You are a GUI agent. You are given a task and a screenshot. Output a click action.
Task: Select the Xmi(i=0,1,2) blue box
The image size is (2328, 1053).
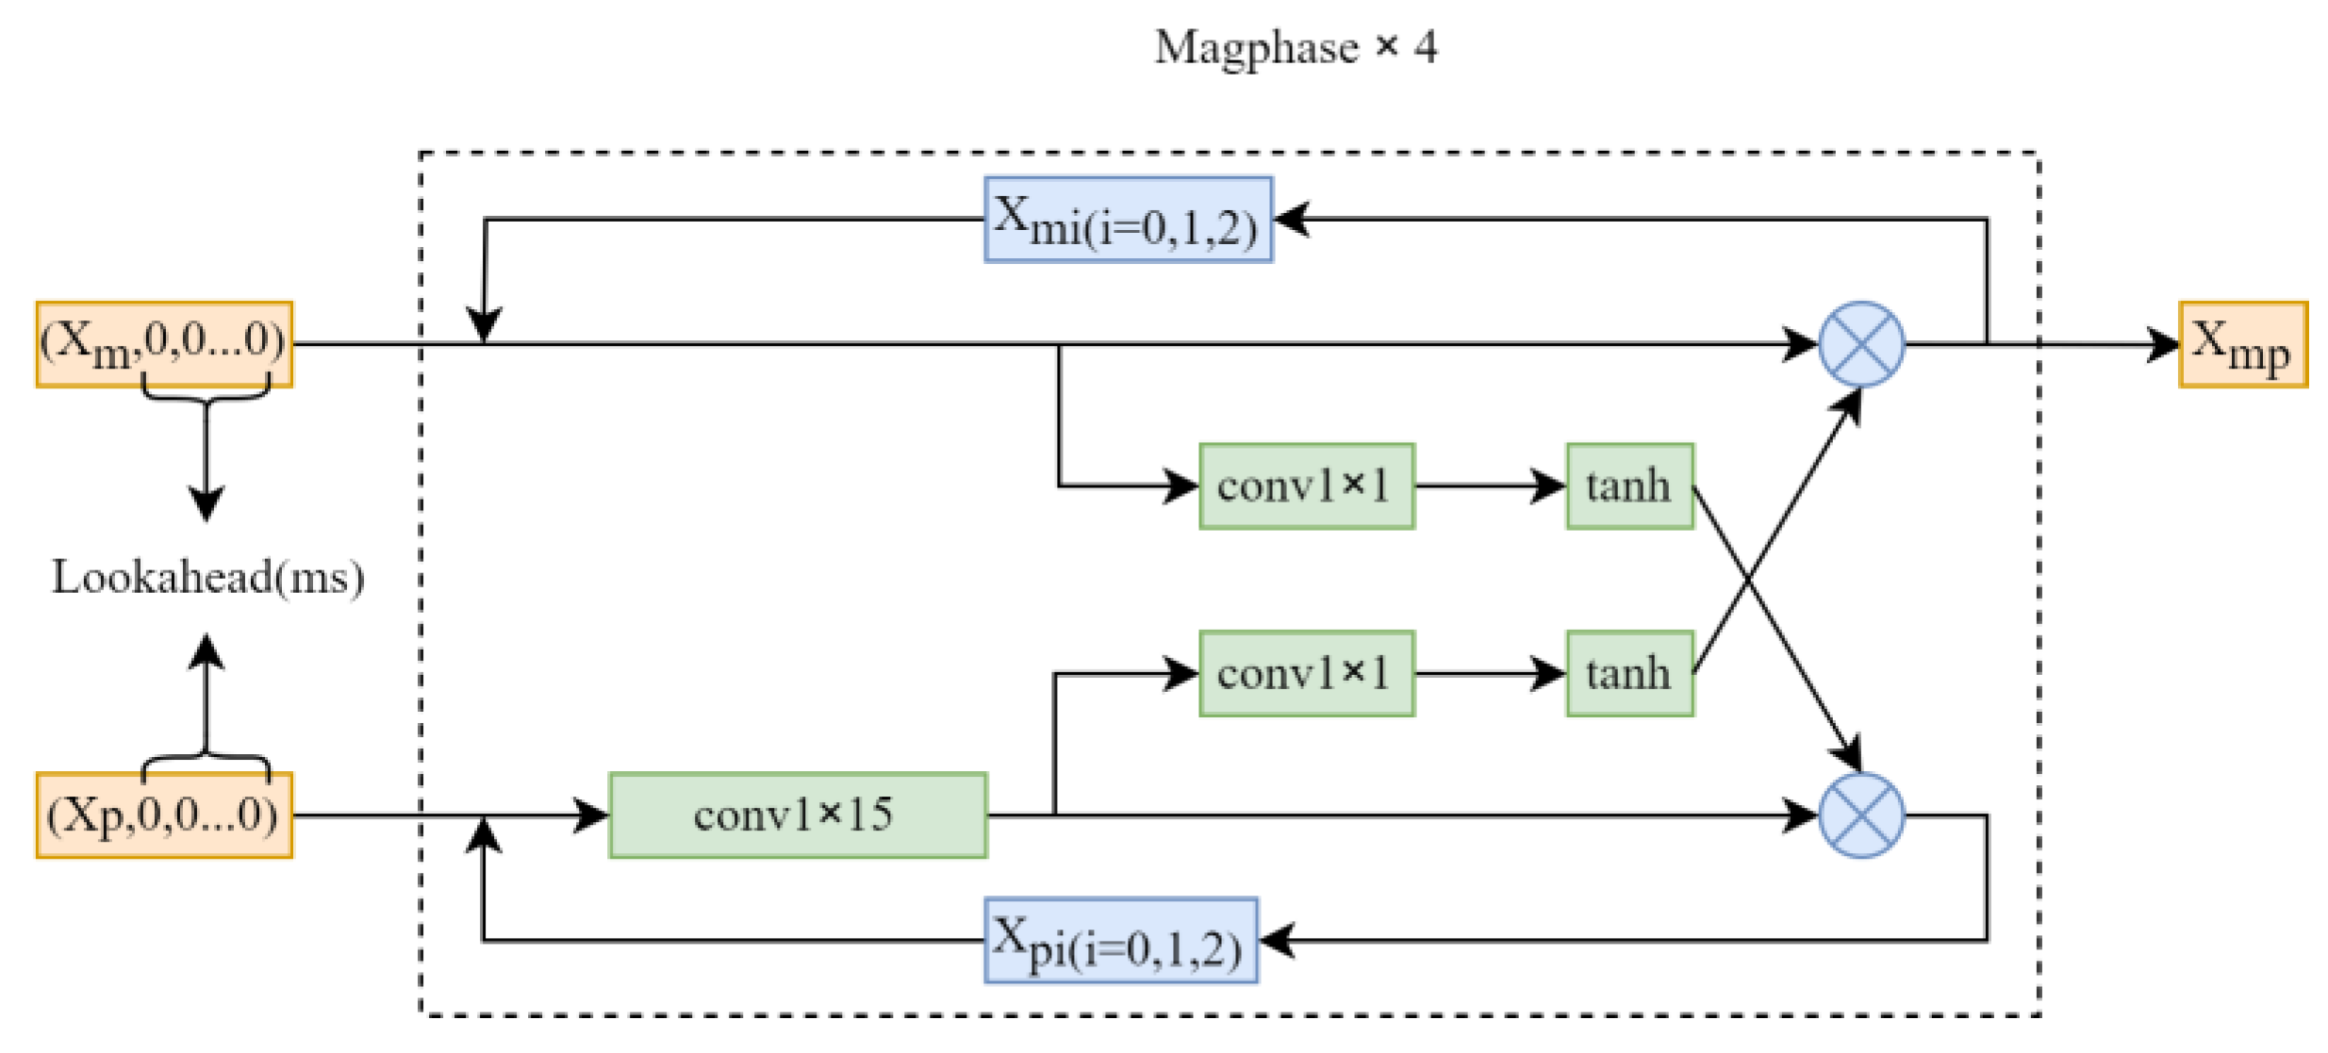pos(1128,220)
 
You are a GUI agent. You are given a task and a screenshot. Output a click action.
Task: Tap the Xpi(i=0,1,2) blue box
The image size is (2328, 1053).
pos(1120,940)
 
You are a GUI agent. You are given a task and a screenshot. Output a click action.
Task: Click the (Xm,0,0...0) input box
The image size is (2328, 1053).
pos(164,344)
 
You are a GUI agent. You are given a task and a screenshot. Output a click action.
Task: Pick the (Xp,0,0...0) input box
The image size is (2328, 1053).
pos(164,815)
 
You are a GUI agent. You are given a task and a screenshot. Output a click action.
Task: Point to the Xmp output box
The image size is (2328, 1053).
pos(2242,345)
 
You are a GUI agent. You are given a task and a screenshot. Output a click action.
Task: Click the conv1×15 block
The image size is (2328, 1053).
pos(797,815)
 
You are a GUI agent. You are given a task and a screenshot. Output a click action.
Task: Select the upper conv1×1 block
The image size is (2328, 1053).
pos(1306,486)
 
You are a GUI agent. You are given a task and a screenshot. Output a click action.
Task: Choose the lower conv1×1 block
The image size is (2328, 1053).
pos(1306,674)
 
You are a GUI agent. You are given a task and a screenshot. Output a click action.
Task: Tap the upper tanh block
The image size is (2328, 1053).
pos(1629,486)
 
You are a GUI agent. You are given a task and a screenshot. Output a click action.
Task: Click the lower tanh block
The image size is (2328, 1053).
pos(1629,674)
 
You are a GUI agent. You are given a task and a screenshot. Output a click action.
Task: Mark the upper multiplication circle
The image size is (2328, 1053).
pos(1860,344)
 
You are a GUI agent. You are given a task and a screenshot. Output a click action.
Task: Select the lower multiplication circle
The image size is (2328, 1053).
pos(1860,815)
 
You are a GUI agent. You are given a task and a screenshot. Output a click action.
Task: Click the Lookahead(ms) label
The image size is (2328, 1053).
pos(207,577)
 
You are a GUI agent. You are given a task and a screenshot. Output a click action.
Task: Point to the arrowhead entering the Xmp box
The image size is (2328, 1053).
pos(2163,345)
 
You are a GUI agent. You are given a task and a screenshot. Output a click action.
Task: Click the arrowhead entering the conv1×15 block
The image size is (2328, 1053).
pos(592,815)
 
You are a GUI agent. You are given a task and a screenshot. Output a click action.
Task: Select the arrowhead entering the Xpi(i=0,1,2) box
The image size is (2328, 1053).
pos(1277,940)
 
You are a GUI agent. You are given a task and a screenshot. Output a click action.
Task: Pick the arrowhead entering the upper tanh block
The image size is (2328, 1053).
pos(1550,486)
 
